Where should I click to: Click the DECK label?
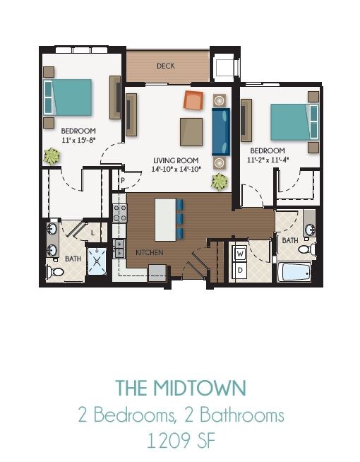click(167, 66)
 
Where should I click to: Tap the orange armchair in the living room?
click(193, 100)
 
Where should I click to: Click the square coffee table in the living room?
click(191, 131)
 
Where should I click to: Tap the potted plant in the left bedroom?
click(52, 156)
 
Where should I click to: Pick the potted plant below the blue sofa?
click(220, 182)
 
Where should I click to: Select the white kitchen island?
click(164, 218)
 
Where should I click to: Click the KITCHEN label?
click(150, 252)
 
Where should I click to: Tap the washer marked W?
click(240, 253)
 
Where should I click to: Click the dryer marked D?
click(240, 269)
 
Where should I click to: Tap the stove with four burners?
click(120, 213)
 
